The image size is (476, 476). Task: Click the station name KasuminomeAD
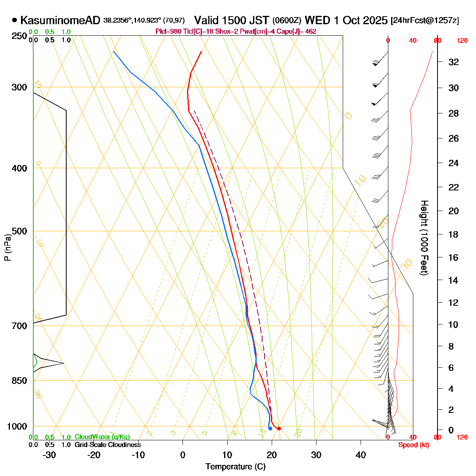coord(60,20)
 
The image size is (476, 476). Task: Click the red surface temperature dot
coord(279,428)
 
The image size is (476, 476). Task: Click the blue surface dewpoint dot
coord(270,428)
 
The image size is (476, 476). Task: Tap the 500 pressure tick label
coord(20,231)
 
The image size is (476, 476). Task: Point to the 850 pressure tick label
coord(20,381)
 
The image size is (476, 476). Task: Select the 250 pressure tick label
coord(20,36)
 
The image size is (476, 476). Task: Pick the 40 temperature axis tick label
coord(361,455)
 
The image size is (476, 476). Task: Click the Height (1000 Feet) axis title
coord(424,238)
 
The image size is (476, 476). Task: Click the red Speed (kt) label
coord(413,445)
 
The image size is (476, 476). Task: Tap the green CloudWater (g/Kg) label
coord(102,437)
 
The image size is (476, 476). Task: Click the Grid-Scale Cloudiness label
coord(107,445)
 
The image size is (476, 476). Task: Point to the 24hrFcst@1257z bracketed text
coord(424,21)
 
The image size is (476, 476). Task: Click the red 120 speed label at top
coord(462,40)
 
